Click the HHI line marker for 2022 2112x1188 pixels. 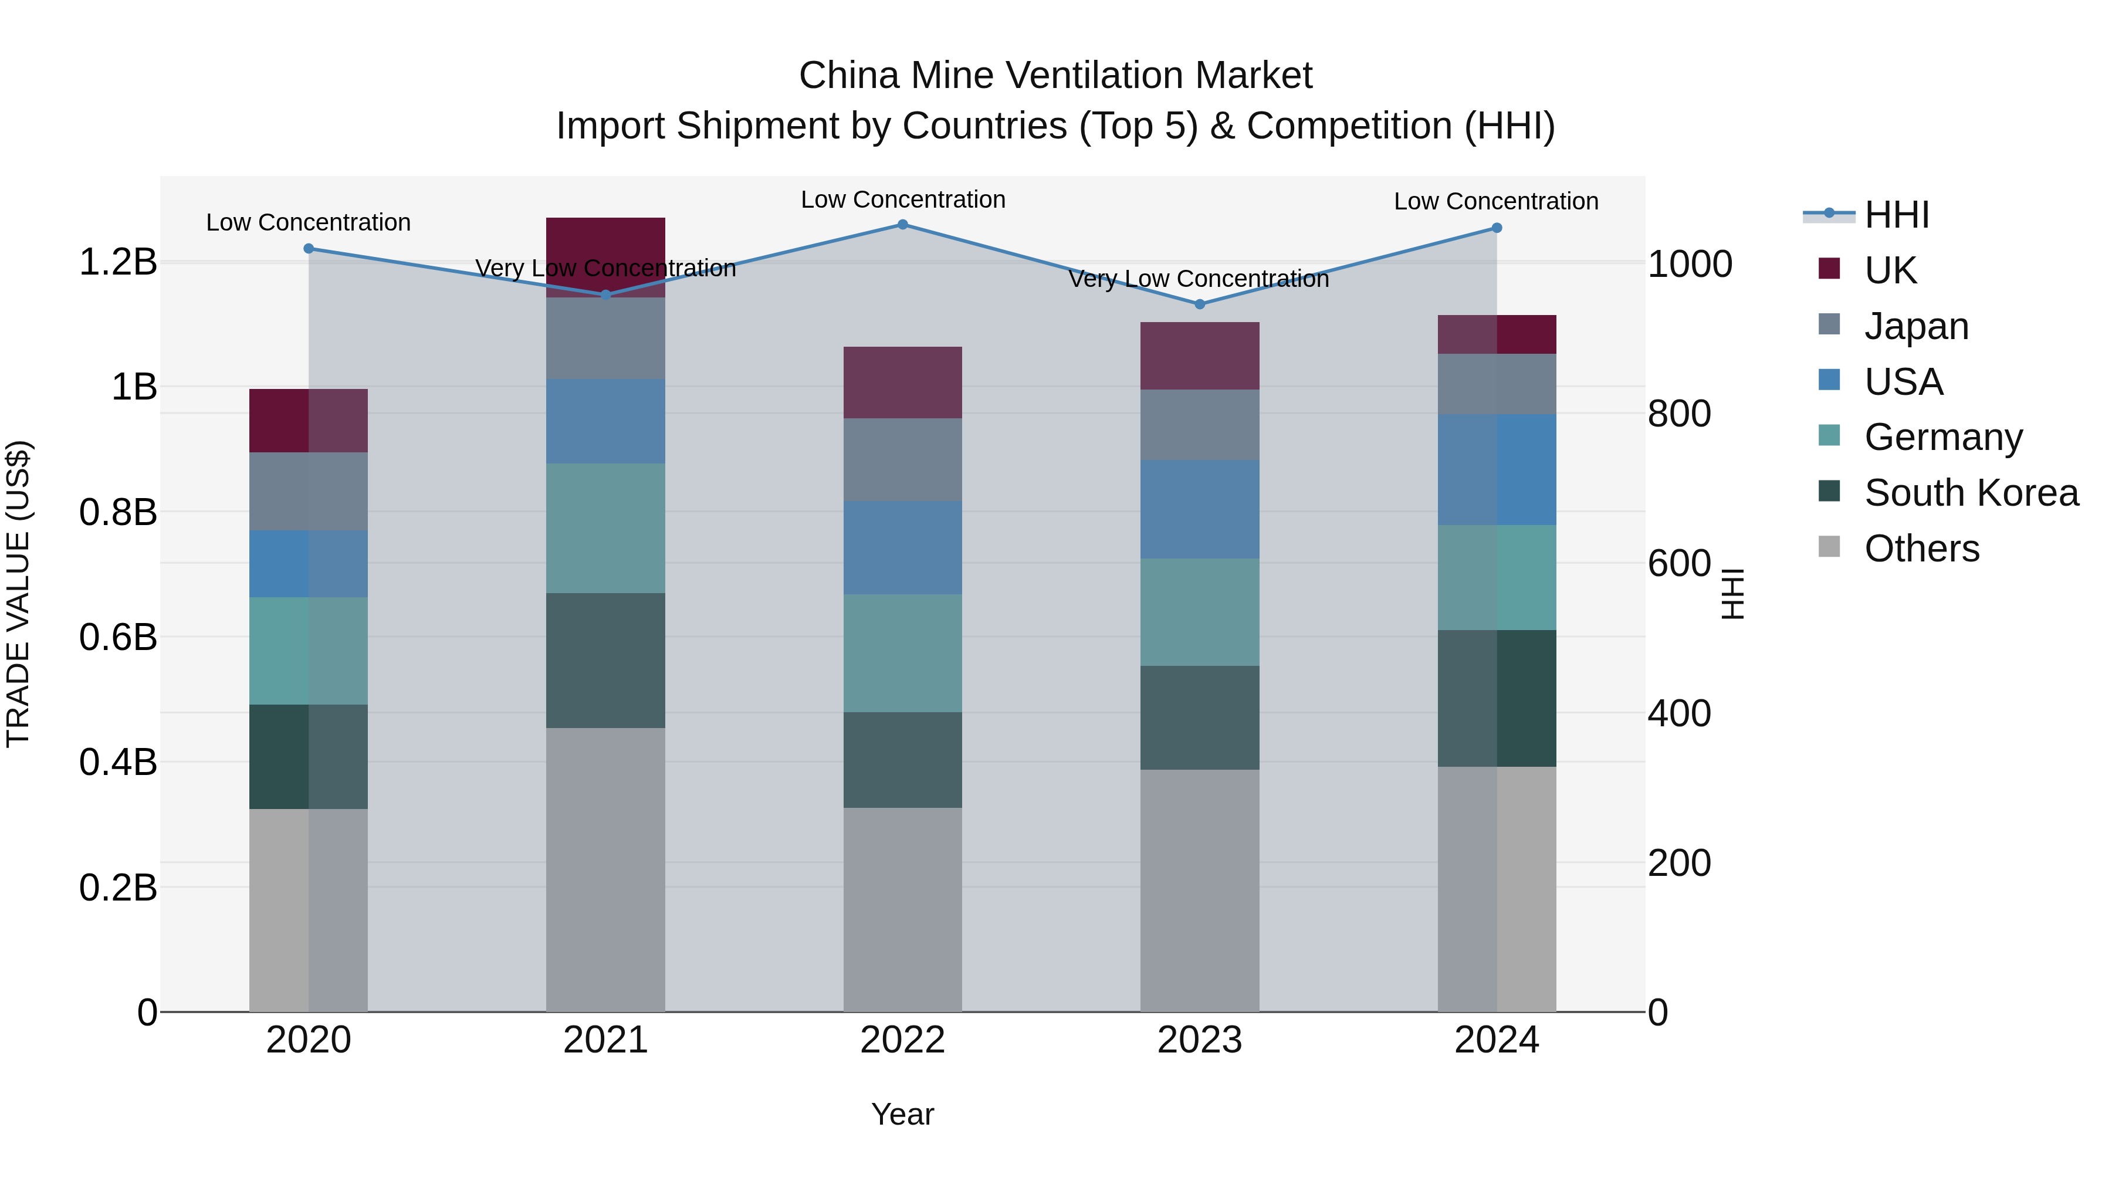[903, 225]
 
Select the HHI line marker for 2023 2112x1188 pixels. [1200, 304]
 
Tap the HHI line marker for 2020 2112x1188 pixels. [308, 248]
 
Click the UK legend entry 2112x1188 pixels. [1890, 270]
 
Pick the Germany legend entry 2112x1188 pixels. [1942, 437]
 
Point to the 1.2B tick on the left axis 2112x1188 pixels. [117, 262]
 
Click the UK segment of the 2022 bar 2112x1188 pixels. [903, 383]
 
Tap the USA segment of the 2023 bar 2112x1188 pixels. [1200, 509]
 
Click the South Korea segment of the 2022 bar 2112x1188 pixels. [903, 760]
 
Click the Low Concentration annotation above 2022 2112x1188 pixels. [903, 199]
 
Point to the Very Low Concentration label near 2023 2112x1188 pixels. [1198, 279]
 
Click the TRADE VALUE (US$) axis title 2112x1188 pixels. [18, 594]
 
